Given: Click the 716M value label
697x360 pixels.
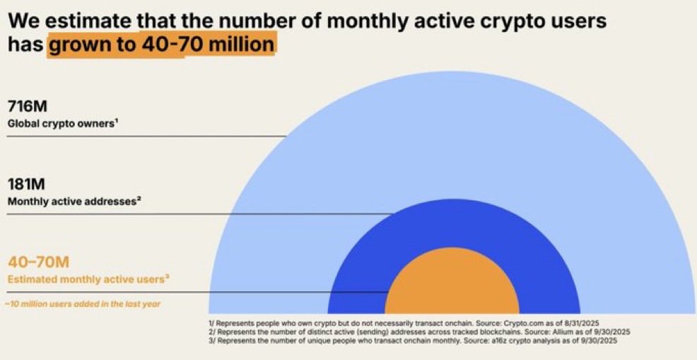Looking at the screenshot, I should coord(28,108).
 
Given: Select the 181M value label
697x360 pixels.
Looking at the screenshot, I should coord(27,185).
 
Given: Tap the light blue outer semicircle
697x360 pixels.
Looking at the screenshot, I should coord(452,141).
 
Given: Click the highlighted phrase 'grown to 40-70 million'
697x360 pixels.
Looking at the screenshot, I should coord(161,45).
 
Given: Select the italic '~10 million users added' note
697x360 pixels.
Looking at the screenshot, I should coord(82,304).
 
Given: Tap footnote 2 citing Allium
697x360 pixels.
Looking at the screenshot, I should coord(421,330).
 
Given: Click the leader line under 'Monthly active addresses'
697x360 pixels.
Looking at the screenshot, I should coord(198,214).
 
